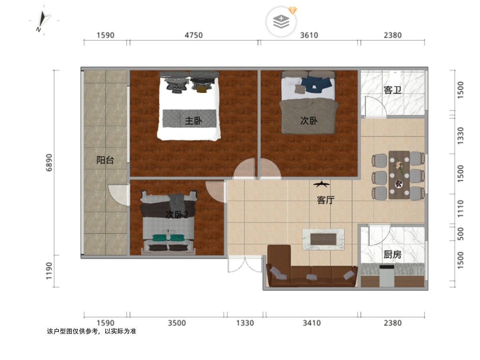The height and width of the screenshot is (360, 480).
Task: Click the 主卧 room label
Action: [193, 121]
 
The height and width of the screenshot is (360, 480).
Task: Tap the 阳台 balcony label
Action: [105, 160]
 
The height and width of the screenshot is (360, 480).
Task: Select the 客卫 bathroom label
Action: [392, 90]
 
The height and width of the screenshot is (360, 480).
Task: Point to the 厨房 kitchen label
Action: [392, 254]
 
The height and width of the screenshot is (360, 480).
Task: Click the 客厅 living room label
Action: [326, 200]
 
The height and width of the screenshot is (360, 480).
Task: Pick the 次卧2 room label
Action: [177, 215]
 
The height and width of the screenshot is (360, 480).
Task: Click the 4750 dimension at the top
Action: [194, 35]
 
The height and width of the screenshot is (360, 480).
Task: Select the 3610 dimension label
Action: [309, 35]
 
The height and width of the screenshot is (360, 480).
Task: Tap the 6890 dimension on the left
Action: [50, 163]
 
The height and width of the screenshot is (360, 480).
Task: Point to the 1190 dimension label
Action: [50, 271]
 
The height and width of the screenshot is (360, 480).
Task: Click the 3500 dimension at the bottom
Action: [177, 323]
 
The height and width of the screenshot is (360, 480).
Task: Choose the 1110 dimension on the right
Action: [460, 209]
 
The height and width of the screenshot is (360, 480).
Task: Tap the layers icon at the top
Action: [281, 22]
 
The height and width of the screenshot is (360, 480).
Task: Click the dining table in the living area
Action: [399, 175]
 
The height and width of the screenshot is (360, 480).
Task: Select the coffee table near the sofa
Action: [323, 239]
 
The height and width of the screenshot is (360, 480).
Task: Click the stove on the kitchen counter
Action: [387, 276]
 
